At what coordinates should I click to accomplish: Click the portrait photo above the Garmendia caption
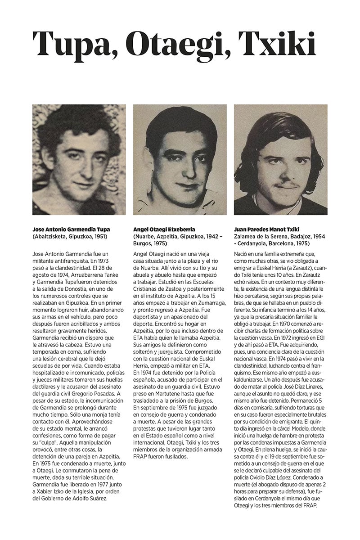(x=79, y=159)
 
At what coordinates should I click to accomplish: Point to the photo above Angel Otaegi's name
(x=180, y=159)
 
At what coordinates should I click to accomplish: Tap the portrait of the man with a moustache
(x=280, y=159)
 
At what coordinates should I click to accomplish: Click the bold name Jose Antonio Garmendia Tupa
(x=71, y=229)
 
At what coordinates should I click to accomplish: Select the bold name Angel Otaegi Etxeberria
(x=164, y=229)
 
